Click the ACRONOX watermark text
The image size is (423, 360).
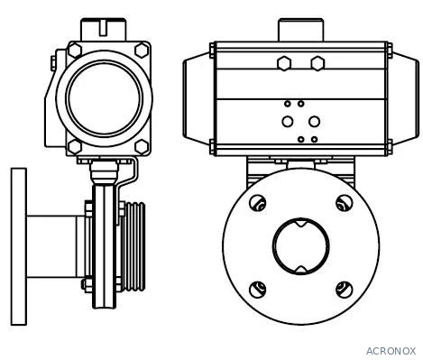click(391, 351)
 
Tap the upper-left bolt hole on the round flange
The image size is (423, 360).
click(258, 203)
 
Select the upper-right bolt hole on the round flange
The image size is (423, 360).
click(345, 203)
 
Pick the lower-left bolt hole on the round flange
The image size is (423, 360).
click(258, 290)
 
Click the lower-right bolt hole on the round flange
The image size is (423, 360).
click(345, 290)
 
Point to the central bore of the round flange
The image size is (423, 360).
click(301, 246)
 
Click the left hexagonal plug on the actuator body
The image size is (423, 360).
click(284, 63)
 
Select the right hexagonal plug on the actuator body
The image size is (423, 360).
click(317, 63)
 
